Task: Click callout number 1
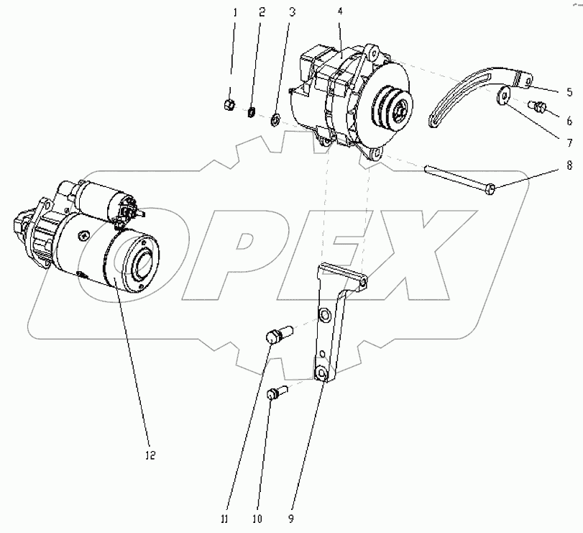coord(234,13)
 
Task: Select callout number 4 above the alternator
coord(340,12)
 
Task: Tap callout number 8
coord(569,165)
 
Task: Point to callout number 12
coord(150,455)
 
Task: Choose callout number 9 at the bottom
coord(291,519)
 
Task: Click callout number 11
coord(224,519)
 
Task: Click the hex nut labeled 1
coord(229,104)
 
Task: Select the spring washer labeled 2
coord(252,111)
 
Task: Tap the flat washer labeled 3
coord(275,120)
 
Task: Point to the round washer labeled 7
coord(503,96)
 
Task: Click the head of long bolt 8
coord(491,189)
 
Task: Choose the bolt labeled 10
coord(277,392)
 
